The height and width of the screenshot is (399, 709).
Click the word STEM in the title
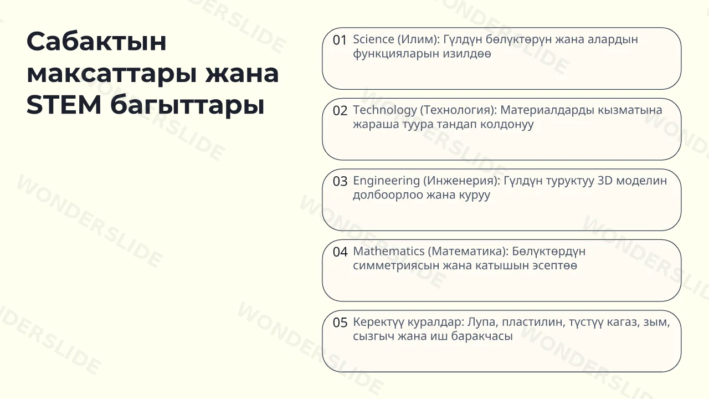click(64, 105)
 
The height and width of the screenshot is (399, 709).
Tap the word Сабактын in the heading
click(96, 41)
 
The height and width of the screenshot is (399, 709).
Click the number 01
click(340, 40)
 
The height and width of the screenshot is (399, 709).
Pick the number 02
click(340, 111)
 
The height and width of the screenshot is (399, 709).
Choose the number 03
click(340, 181)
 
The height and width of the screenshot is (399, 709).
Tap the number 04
click(340, 252)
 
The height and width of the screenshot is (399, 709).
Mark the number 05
click(340, 323)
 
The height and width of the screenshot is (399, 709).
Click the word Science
click(373, 39)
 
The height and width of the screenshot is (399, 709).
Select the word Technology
click(385, 110)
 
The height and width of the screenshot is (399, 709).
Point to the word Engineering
click(386, 181)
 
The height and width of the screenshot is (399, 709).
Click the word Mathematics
click(389, 251)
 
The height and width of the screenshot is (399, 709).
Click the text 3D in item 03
click(605, 181)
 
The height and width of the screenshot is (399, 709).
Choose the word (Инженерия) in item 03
click(462, 181)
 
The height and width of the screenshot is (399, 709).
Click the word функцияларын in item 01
click(395, 54)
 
